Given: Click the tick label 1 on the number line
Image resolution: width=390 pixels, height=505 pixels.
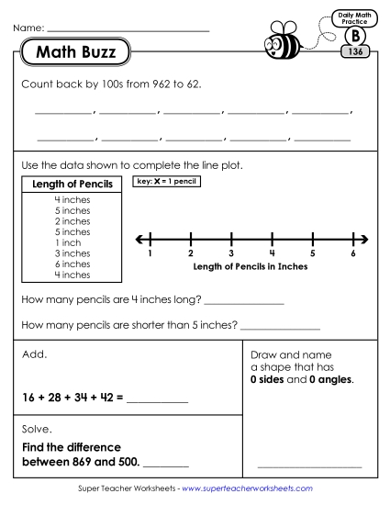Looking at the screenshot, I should [150, 253].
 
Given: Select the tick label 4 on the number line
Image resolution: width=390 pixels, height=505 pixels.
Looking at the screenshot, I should [272, 253].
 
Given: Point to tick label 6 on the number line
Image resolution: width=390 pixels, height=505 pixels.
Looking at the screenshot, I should [353, 253].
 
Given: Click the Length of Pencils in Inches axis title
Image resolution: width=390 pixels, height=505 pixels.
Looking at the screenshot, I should [251, 267].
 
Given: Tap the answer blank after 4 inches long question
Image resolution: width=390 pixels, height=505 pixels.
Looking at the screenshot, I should [242, 301].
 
